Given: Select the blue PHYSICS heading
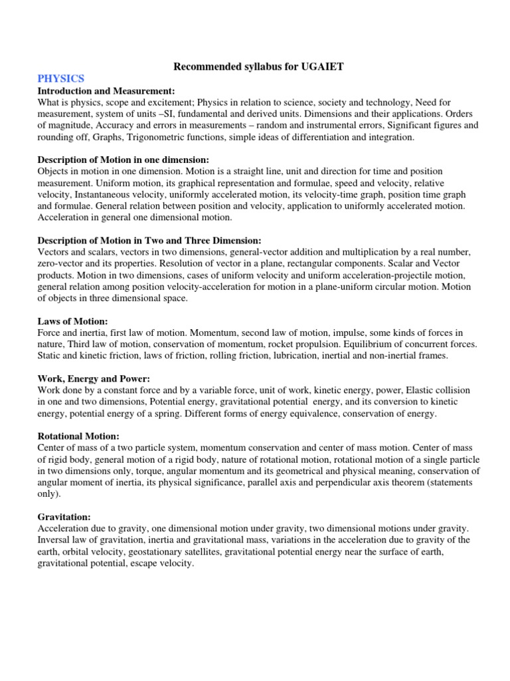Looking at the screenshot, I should (61, 79).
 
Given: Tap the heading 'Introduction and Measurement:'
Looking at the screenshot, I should (106, 90).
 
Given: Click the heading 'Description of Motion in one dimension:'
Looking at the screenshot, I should (124, 160).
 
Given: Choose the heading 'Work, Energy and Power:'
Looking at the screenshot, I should (86, 379).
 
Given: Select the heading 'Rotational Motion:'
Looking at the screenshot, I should (78, 436).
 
